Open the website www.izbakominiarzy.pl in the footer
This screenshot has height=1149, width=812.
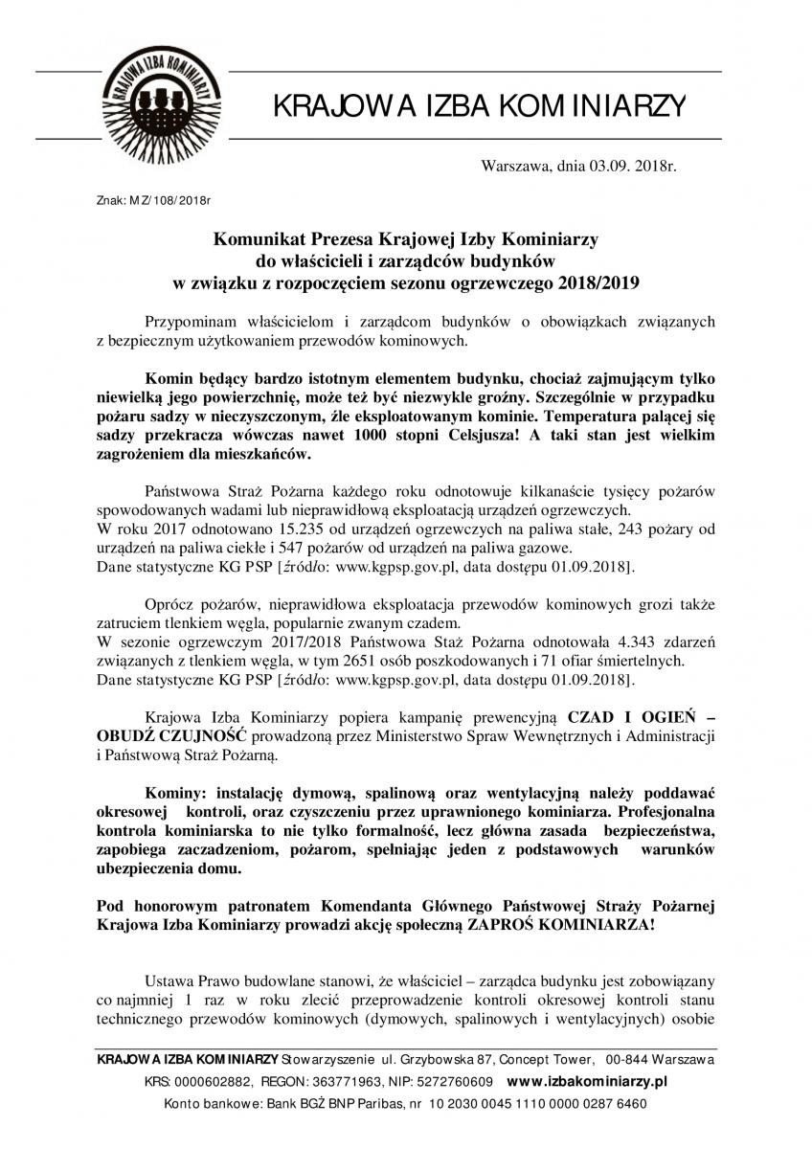click(x=586, y=1081)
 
